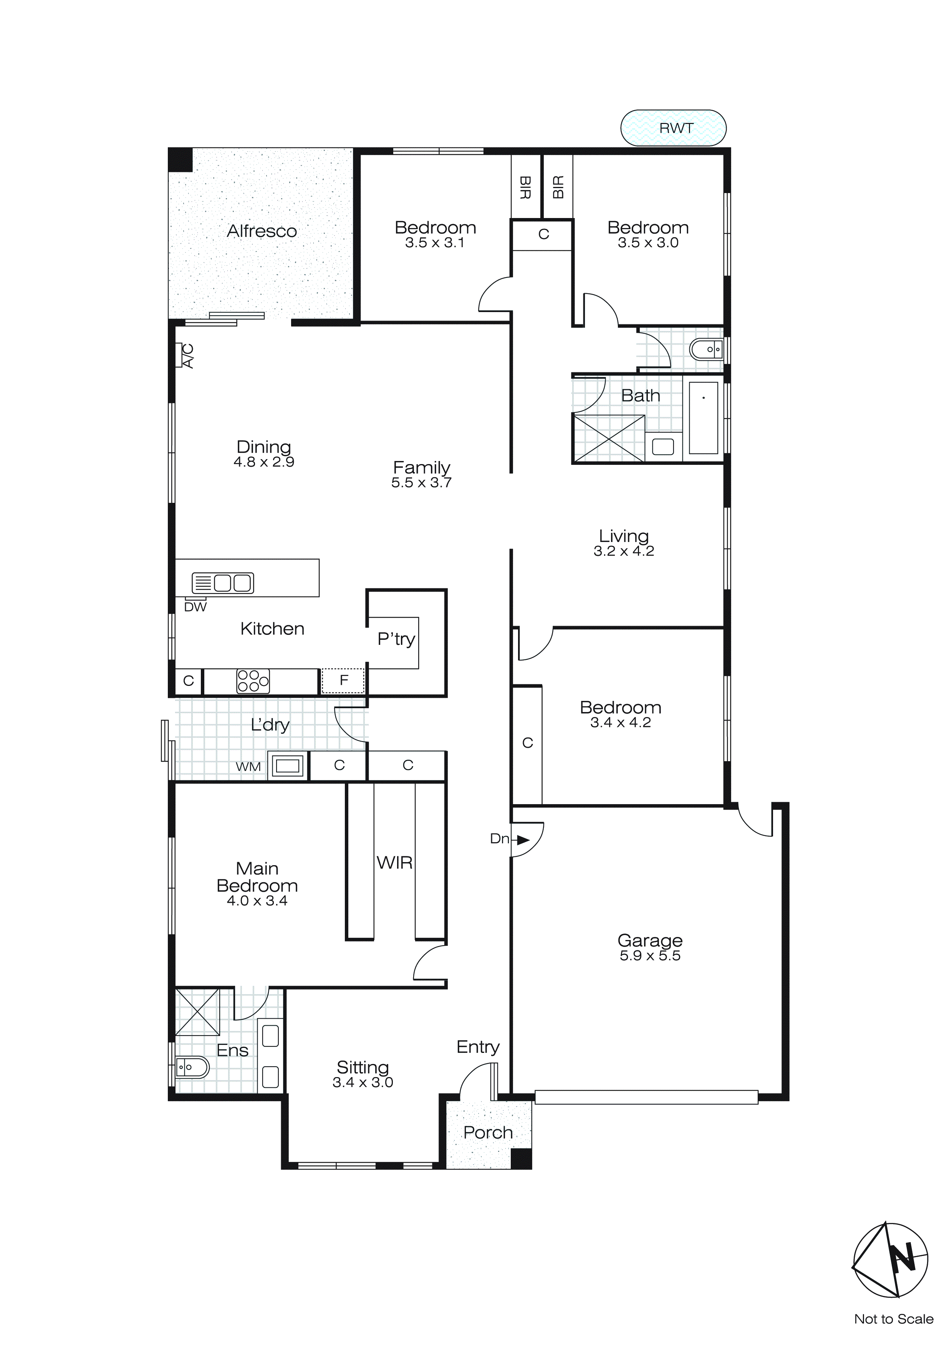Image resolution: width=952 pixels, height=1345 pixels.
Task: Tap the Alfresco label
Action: click(x=262, y=231)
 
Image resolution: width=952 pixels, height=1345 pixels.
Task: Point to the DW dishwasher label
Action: click(x=195, y=607)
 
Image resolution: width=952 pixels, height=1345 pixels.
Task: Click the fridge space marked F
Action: click(x=344, y=680)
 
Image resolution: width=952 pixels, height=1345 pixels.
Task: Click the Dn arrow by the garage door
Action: click(x=522, y=840)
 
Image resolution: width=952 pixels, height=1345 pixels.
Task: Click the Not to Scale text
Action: click(x=893, y=1319)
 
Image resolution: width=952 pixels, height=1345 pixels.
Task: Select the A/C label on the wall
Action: click(x=187, y=355)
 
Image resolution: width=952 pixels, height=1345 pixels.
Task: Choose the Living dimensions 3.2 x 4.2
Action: click(x=623, y=551)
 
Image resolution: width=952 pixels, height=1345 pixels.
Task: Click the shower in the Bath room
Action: click(x=608, y=438)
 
